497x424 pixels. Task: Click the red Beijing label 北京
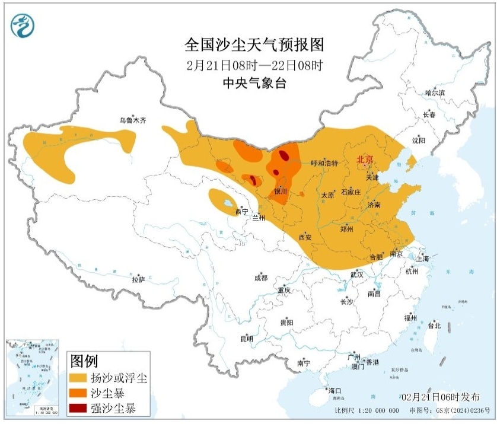364,160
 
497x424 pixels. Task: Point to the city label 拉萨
138,279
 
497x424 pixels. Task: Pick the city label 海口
335,391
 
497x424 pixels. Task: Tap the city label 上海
423,259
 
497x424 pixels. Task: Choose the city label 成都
260,278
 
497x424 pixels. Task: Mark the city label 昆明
246,339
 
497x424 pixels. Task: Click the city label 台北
434,326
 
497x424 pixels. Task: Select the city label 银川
281,192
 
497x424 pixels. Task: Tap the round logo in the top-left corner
23,25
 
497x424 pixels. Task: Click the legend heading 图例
84,360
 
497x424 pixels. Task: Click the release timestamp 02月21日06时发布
440,397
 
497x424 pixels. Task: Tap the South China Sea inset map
33,377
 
